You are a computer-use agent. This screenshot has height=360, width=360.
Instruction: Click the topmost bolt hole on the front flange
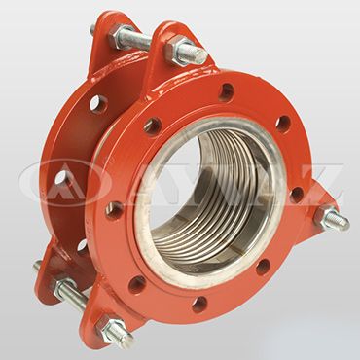(x=225, y=94)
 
